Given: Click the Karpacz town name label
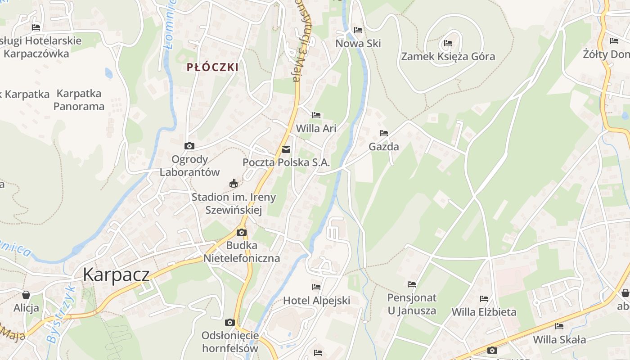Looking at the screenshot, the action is [x=116, y=274].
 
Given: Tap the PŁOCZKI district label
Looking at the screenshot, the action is [x=212, y=67].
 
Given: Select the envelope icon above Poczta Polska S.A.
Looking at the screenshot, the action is [x=286, y=149].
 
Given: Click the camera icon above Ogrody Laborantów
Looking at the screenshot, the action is [x=189, y=146].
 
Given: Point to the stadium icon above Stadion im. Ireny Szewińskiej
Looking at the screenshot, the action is [x=234, y=183].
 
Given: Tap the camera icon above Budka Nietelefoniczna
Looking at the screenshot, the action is [x=242, y=232].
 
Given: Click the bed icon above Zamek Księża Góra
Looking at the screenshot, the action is [x=448, y=43].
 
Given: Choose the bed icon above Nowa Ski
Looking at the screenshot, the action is [x=358, y=30].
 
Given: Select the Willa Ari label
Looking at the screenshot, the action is [x=316, y=128].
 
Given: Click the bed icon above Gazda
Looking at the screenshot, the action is [x=384, y=133].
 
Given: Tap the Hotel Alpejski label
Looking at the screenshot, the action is [x=316, y=301].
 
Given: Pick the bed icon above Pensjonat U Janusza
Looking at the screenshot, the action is [x=412, y=284].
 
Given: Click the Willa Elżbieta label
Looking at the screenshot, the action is [x=484, y=312].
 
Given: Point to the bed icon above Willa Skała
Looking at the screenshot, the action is [x=559, y=326].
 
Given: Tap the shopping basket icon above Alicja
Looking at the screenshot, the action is [x=26, y=295].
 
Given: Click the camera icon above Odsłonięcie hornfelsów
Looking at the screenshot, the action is [x=230, y=322].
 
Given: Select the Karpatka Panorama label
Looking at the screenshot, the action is [x=79, y=100].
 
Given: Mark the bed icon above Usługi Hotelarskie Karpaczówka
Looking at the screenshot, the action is [x=36, y=27].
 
